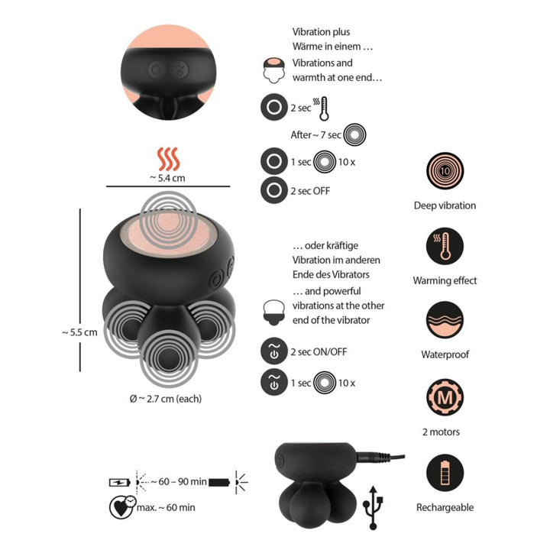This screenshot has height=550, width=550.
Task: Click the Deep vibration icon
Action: click(445, 171)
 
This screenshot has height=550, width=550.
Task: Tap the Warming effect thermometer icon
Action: click(445, 247)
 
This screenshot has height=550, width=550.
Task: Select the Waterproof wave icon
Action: click(445, 321)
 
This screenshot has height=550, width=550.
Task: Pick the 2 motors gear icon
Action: click(445, 398)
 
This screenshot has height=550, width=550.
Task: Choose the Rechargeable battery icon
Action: click(445, 473)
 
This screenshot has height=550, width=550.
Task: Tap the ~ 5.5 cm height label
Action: click(79, 332)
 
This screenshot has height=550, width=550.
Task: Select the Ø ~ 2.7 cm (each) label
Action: click(166, 398)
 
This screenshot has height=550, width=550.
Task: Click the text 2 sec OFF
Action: click(310, 190)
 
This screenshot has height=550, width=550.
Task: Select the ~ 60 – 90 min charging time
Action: click(177, 482)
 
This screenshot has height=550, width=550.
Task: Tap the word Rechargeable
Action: click(445, 507)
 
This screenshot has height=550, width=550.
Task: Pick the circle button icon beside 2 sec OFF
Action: click(273, 190)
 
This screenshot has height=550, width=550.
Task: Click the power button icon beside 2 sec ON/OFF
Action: click(273, 351)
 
